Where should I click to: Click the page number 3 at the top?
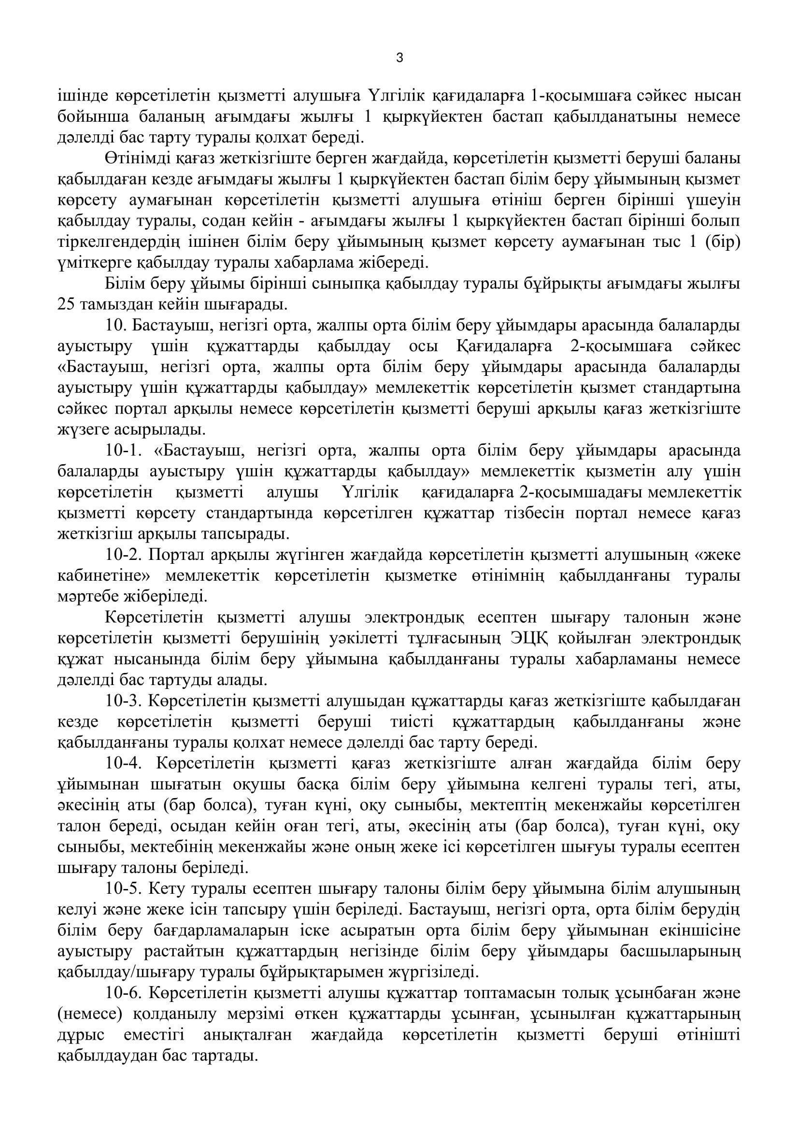[x=399, y=58]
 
